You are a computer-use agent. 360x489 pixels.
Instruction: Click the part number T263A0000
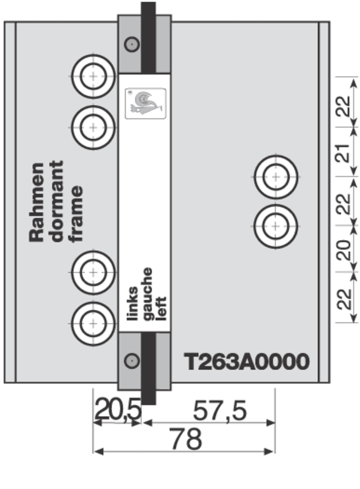coord(246,362)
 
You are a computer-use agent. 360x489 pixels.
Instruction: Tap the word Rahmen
coord(37,202)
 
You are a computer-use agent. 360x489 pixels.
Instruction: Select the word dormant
coord(56,201)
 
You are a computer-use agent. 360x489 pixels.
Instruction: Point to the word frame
coord(76,214)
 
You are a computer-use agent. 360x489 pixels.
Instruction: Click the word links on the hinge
coord(132,303)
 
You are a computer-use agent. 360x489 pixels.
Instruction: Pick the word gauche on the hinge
coord(147,294)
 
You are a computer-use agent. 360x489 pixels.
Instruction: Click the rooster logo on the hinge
coord(145,103)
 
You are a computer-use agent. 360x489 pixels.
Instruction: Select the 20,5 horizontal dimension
coord(118,409)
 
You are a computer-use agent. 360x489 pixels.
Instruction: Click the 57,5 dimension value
coord(219,411)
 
